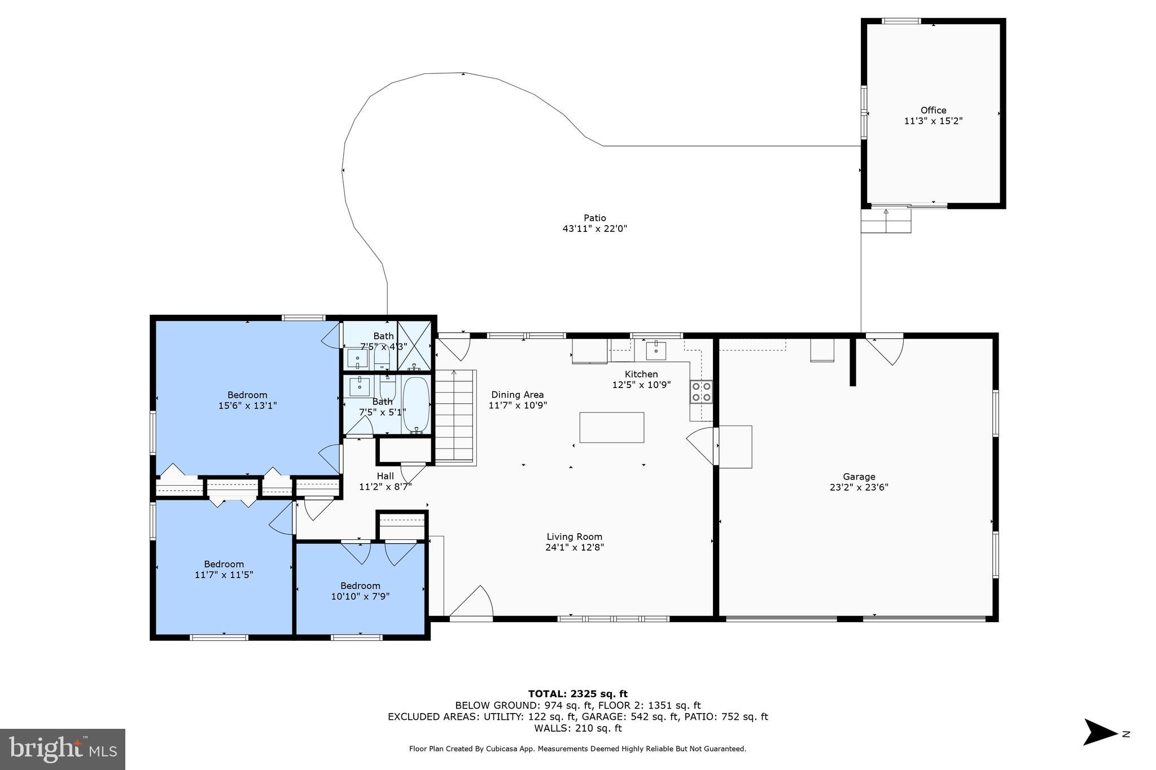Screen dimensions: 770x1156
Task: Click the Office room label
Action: point(933,111)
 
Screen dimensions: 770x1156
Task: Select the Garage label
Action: point(859,477)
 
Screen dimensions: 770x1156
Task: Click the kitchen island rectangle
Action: point(611,428)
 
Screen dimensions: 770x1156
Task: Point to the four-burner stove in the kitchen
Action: point(701,391)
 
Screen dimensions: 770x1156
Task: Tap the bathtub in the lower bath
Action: point(416,404)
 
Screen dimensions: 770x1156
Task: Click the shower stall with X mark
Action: point(414,346)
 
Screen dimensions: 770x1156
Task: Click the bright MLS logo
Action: point(63,749)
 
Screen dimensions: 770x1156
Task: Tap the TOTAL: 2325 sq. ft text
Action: point(577,694)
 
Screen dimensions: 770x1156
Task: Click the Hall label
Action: point(385,476)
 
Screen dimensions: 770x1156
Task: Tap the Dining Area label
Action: point(517,395)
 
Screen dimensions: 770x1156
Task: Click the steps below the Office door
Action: point(885,221)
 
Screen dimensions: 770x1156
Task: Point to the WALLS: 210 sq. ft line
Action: point(577,728)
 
